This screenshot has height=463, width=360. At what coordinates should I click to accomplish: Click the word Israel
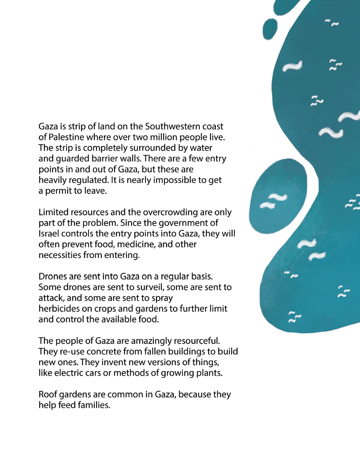coord(49,234)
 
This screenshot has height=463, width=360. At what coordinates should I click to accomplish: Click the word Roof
coord(48,394)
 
